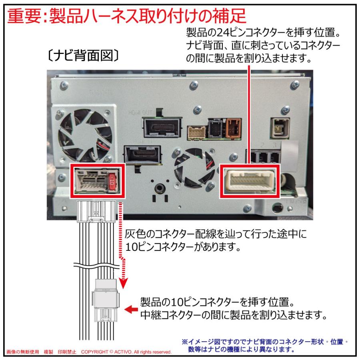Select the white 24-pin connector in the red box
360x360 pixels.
tap(249, 179)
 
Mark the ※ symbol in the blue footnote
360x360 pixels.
tap(185, 342)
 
